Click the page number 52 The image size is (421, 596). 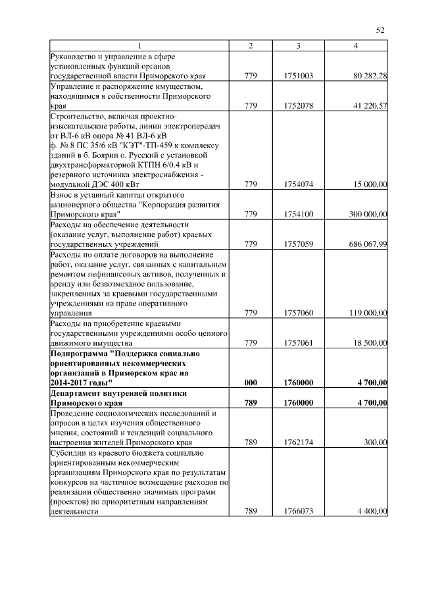[380, 30]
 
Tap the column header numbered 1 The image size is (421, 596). [139, 45]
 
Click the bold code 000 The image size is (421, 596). [250, 382]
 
